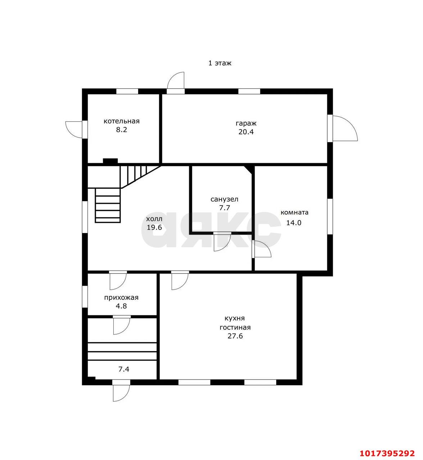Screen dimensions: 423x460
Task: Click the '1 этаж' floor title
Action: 220,63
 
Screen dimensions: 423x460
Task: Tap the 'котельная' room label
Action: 122,121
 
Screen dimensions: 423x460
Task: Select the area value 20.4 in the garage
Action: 246,132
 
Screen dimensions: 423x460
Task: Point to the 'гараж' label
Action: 246,124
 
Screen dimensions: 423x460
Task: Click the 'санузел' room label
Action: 224,199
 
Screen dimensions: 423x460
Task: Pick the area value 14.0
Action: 294,222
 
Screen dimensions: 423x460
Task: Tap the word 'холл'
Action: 154,219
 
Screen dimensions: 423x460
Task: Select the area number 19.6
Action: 154,227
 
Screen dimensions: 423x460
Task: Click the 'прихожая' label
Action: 121,298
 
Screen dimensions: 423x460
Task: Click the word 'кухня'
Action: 235,318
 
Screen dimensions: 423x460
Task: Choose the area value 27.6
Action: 235,336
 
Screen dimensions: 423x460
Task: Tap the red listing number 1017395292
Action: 387,453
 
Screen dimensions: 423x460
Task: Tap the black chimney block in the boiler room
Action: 110,161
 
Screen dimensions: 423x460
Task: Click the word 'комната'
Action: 294,212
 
